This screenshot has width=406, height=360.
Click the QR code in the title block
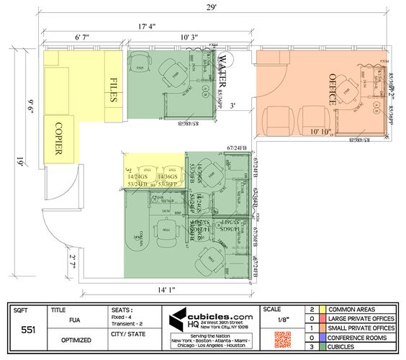tap(281, 338)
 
